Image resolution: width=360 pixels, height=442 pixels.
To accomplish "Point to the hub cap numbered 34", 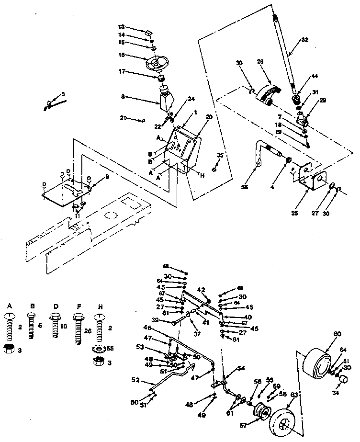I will pos(343,380).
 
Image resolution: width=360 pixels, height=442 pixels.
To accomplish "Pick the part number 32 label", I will pos(305,41).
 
